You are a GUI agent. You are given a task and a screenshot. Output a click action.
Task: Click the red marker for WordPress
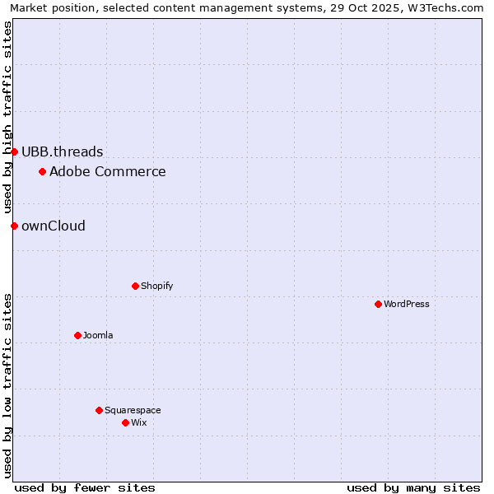(378, 304)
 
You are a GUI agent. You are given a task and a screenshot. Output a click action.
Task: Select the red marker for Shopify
(135, 286)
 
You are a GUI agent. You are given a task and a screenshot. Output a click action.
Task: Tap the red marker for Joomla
(77, 335)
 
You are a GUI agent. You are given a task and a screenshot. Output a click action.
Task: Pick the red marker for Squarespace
(99, 410)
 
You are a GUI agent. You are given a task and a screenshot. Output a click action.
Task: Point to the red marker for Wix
(125, 422)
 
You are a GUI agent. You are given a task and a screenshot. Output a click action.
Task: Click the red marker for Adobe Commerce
(42, 171)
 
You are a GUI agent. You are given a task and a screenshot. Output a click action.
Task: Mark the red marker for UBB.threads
(14, 151)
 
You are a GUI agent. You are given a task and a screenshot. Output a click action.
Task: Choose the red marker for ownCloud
(14, 226)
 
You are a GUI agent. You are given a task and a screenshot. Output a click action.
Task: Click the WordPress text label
(407, 304)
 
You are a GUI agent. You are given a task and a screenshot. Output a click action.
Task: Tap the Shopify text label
(156, 286)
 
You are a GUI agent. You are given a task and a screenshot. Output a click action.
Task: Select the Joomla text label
(98, 335)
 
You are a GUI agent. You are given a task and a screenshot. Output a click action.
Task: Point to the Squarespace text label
(133, 410)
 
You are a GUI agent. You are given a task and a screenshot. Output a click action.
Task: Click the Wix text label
(138, 422)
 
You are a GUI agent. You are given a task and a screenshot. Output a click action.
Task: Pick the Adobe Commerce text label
(107, 171)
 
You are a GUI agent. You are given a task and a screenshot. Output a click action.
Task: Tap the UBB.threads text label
(62, 151)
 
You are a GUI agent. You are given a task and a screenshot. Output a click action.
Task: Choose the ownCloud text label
(53, 226)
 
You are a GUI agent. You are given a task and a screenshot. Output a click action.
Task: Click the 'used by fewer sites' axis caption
(85, 487)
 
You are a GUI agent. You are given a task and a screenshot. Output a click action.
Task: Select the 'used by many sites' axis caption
(413, 487)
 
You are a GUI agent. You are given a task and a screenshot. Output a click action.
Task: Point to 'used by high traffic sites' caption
(7, 117)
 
